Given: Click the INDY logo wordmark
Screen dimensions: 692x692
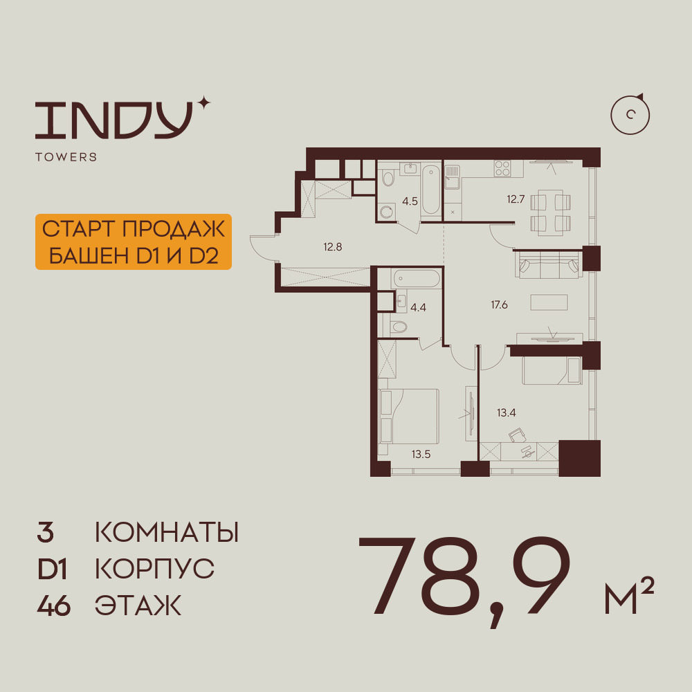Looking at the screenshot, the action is point(114,120).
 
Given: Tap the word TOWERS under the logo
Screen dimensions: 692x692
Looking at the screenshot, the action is point(66,156).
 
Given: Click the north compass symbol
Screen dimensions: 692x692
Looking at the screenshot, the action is point(630,114).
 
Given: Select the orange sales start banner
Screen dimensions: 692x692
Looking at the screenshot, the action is point(134,242).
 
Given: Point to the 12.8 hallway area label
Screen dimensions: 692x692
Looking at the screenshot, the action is point(332,247).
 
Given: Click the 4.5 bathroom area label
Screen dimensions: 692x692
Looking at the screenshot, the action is point(410,201).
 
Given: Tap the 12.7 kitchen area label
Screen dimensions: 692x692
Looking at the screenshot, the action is point(516,199).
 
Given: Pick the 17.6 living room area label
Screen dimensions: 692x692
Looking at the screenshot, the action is point(499,305).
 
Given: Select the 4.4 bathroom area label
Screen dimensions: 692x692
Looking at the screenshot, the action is point(418,308).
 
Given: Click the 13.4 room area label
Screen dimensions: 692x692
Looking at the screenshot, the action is point(507,413).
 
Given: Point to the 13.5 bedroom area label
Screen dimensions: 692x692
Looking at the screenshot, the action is point(421,454).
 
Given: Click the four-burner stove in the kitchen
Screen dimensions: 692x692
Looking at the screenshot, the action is point(502,167).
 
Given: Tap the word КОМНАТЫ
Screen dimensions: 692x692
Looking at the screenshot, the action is point(167,532).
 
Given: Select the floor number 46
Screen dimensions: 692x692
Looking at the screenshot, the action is point(54,605).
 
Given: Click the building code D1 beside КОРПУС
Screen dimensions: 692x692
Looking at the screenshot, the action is point(52,569).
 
